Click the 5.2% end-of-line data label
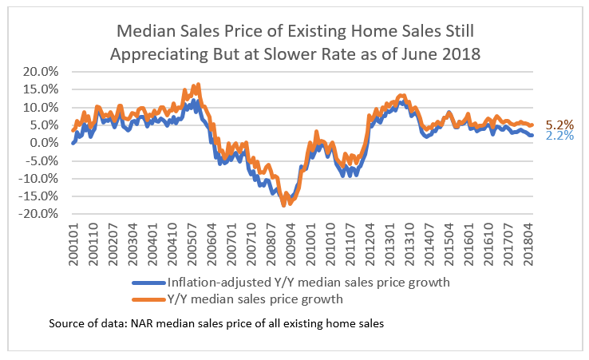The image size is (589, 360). pyautogui.click(x=559, y=125)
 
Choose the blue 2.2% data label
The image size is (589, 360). pyautogui.click(x=559, y=136)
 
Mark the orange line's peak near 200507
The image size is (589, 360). pyautogui.click(x=198, y=84)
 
